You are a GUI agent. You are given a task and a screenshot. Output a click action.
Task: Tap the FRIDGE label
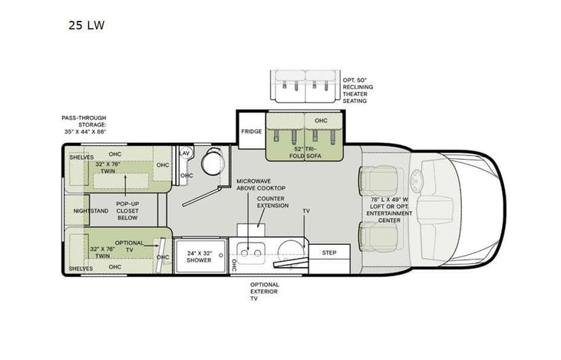pyautogui.click(x=251, y=131)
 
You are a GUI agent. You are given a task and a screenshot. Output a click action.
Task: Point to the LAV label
pyautogui.click(x=183, y=153)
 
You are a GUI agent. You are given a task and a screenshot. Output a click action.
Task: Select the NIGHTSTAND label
pyautogui.click(x=91, y=210)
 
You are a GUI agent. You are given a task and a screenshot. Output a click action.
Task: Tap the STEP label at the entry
pyautogui.click(x=328, y=252)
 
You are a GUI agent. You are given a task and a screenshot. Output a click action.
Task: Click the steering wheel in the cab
pyautogui.click(x=419, y=182)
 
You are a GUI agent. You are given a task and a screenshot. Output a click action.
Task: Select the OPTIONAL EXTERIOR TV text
pyautogui.click(x=265, y=292)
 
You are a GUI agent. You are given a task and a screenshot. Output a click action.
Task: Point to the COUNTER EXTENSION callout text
pyautogui.click(x=272, y=202)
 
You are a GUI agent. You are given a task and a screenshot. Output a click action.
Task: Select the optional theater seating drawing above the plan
pyautogui.click(x=305, y=86)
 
